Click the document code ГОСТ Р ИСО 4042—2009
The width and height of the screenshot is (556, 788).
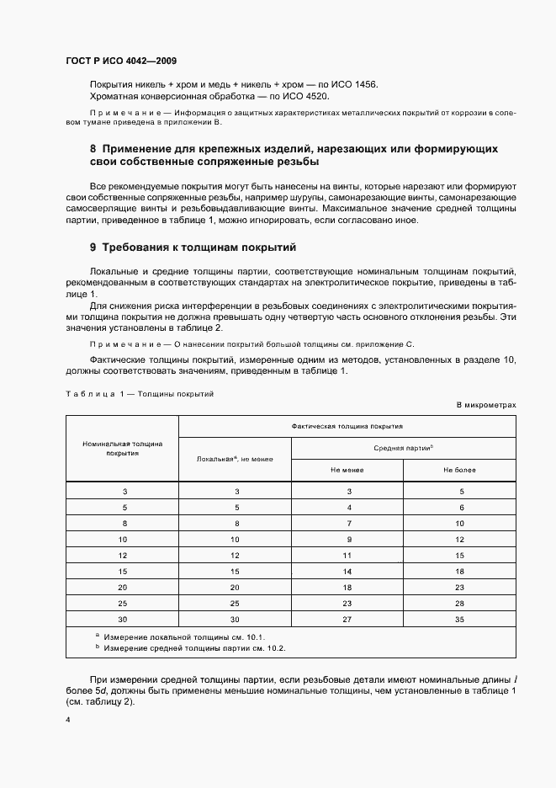(x=120, y=61)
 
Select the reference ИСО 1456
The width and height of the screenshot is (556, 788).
(x=356, y=86)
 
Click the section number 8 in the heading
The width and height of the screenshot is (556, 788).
(x=93, y=148)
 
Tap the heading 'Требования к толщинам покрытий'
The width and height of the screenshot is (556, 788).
(x=199, y=248)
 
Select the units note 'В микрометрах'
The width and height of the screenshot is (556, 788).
(x=485, y=405)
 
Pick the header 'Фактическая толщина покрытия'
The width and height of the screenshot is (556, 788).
(x=347, y=426)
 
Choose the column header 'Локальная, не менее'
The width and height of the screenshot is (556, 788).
(x=235, y=459)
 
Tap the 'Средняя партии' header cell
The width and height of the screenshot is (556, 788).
(x=403, y=448)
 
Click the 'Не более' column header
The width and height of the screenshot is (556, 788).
(x=459, y=470)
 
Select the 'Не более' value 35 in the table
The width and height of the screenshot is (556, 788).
(x=459, y=620)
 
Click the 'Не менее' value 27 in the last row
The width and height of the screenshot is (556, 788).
(x=347, y=620)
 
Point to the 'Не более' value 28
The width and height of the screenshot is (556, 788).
(x=459, y=604)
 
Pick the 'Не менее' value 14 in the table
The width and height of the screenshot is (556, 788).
(x=347, y=572)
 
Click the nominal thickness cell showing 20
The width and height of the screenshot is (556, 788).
(x=123, y=588)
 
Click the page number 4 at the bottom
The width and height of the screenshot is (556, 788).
(x=67, y=721)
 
